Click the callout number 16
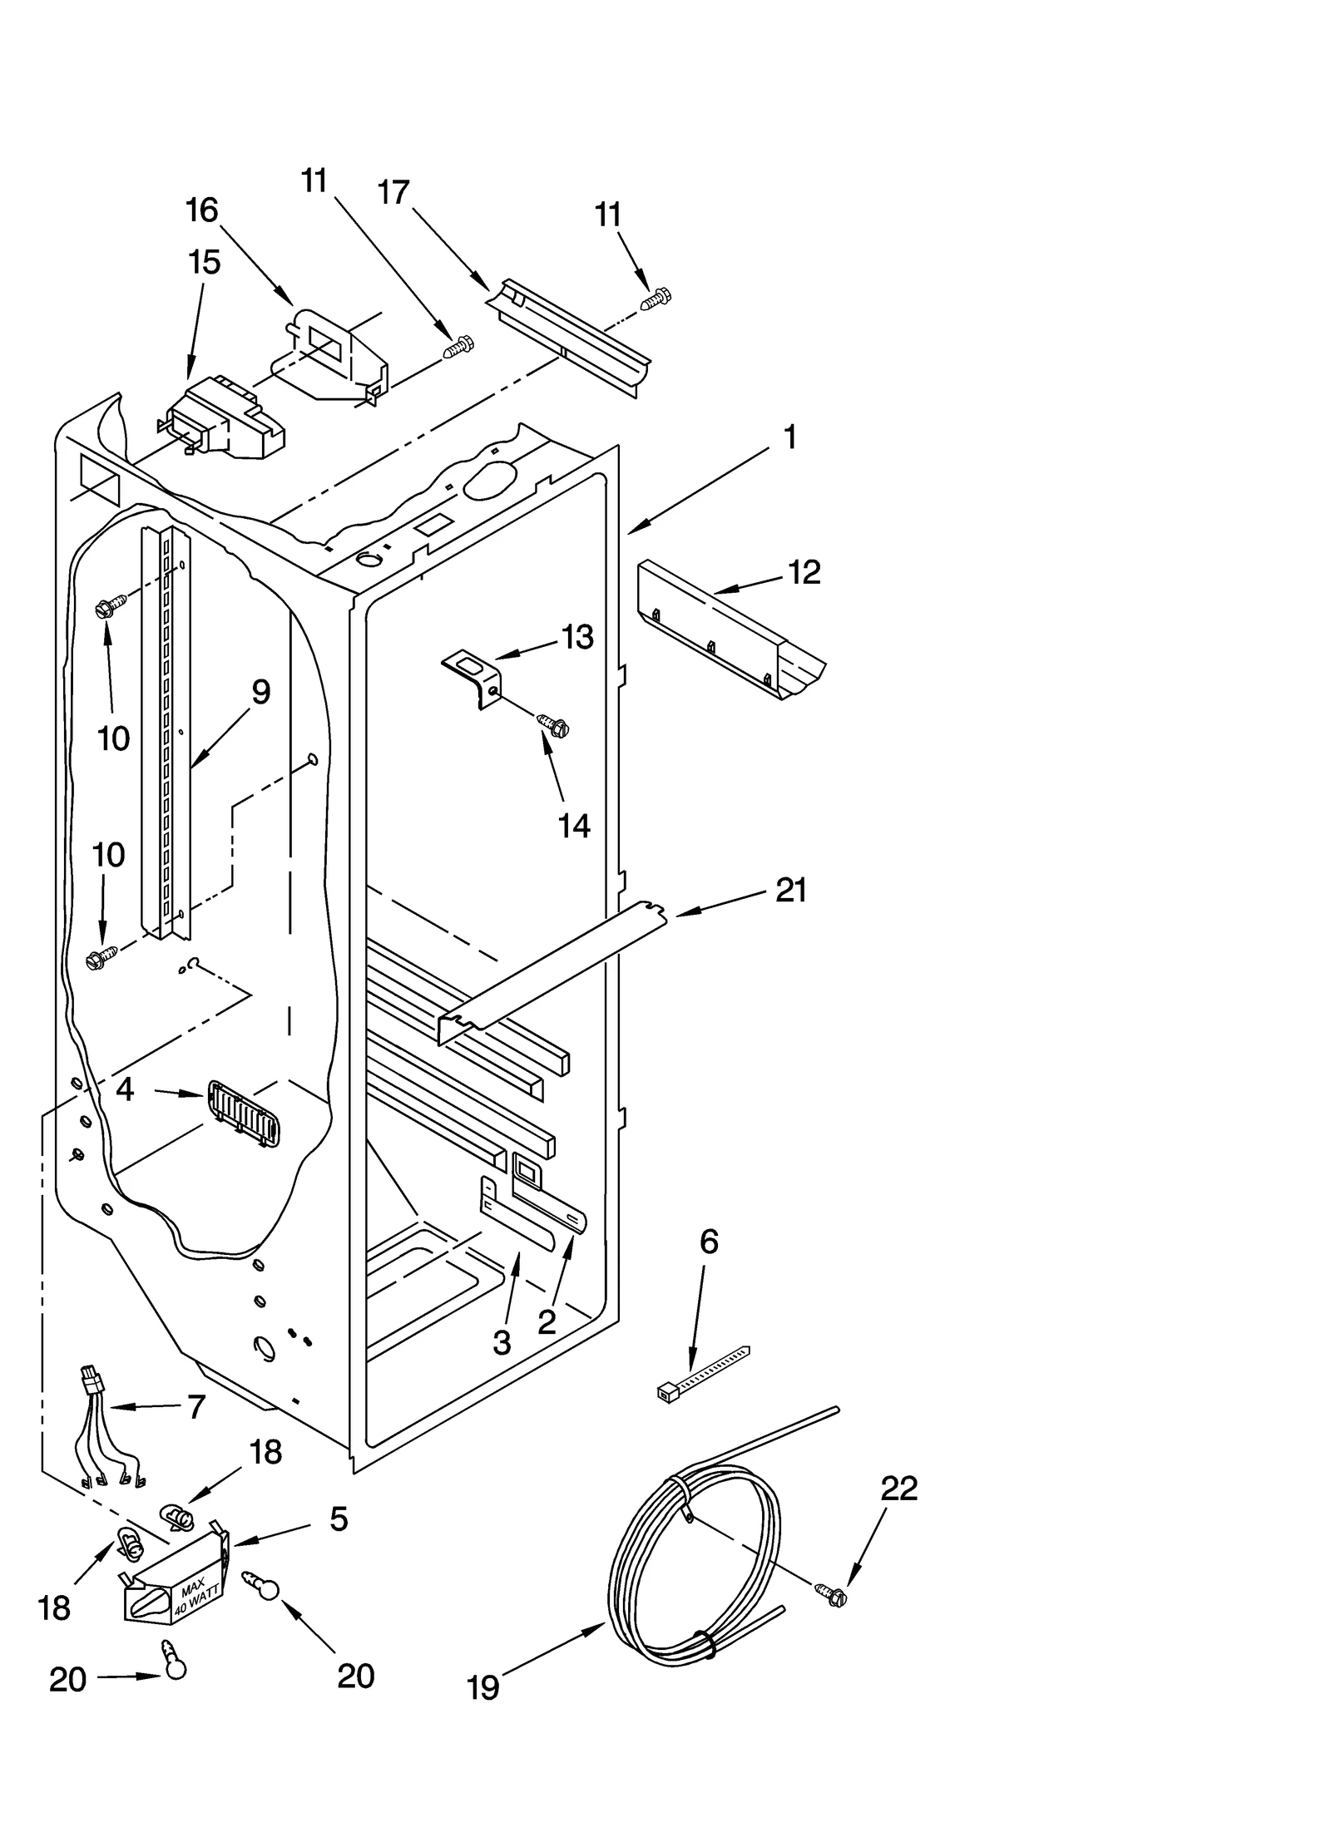point(202,211)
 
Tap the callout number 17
point(393,193)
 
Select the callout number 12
point(804,572)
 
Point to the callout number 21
point(790,891)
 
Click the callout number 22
point(898,1488)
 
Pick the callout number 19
point(482,1687)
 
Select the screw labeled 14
point(554,725)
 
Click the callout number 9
point(261,692)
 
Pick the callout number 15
point(205,262)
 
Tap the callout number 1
point(789,437)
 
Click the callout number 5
point(338,1519)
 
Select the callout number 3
point(502,1342)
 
